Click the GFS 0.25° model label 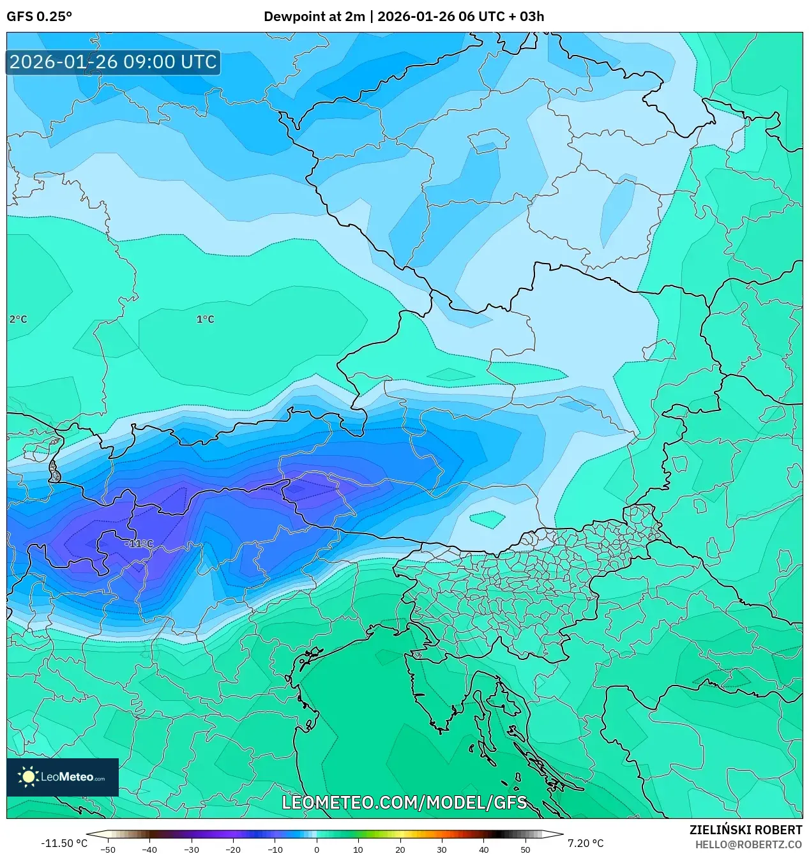coord(39,17)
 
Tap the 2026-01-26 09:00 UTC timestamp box coord(113,62)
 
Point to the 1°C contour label coord(205,319)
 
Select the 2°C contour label coord(18,319)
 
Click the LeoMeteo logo coord(63,777)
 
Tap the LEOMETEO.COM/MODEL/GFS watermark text coord(404,802)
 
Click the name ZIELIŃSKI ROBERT coord(745,830)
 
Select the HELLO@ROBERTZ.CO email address coord(748,844)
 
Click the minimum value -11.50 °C coord(64,843)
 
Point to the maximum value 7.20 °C coord(585,843)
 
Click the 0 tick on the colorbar coord(317,849)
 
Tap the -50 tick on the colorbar coord(108,849)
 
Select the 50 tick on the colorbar coord(525,849)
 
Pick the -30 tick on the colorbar coord(192,849)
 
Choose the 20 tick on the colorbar coord(400,849)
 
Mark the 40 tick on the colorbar coord(483,849)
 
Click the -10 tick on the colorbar coord(275,849)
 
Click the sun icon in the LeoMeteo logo coord(28,777)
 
